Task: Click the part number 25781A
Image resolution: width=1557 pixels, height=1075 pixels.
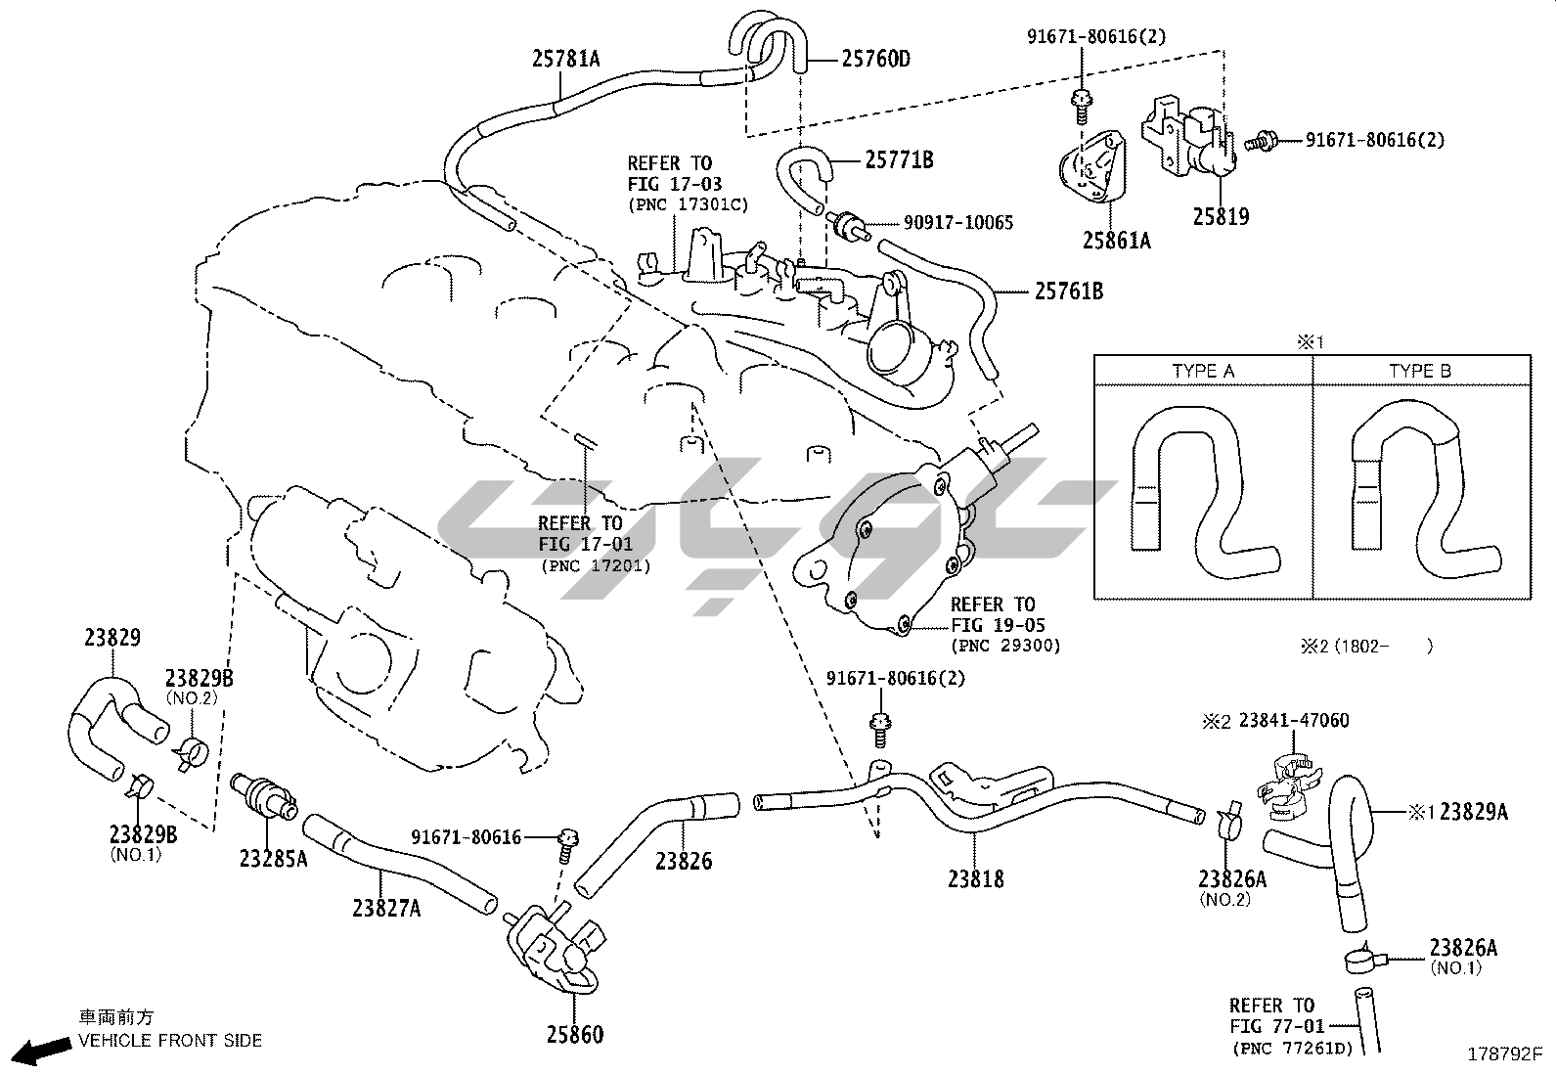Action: coord(565,59)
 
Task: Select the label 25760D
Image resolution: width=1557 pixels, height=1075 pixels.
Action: coord(875,59)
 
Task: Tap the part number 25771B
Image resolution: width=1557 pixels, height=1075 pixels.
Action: coord(899,159)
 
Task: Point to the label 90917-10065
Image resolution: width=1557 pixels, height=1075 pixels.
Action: coord(957,223)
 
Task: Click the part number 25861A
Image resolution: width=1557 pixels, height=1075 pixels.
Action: coord(1116,239)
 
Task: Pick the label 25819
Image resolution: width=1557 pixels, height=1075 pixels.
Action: coord(1220,216)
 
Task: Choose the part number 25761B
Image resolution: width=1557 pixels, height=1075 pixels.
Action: coord(1069,291)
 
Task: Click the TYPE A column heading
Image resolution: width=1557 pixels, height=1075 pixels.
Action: coord(1203,372)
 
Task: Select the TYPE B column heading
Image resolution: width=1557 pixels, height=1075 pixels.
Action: coord(1420,372)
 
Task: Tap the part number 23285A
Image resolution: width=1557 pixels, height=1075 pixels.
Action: coord(273,859)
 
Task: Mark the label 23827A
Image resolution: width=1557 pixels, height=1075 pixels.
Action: coord(386,908)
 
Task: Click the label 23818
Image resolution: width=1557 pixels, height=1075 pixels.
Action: coord(975,878)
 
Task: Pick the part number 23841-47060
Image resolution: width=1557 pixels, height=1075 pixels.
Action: coord(1293,721)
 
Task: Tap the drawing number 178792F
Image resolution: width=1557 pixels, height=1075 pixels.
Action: coord(1504,1054)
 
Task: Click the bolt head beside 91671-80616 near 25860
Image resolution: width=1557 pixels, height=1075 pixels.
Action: coord(567,837)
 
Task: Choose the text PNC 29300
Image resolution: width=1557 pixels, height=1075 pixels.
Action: coord(1005,646)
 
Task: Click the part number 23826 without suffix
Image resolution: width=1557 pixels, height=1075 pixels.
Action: coord(684,861)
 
